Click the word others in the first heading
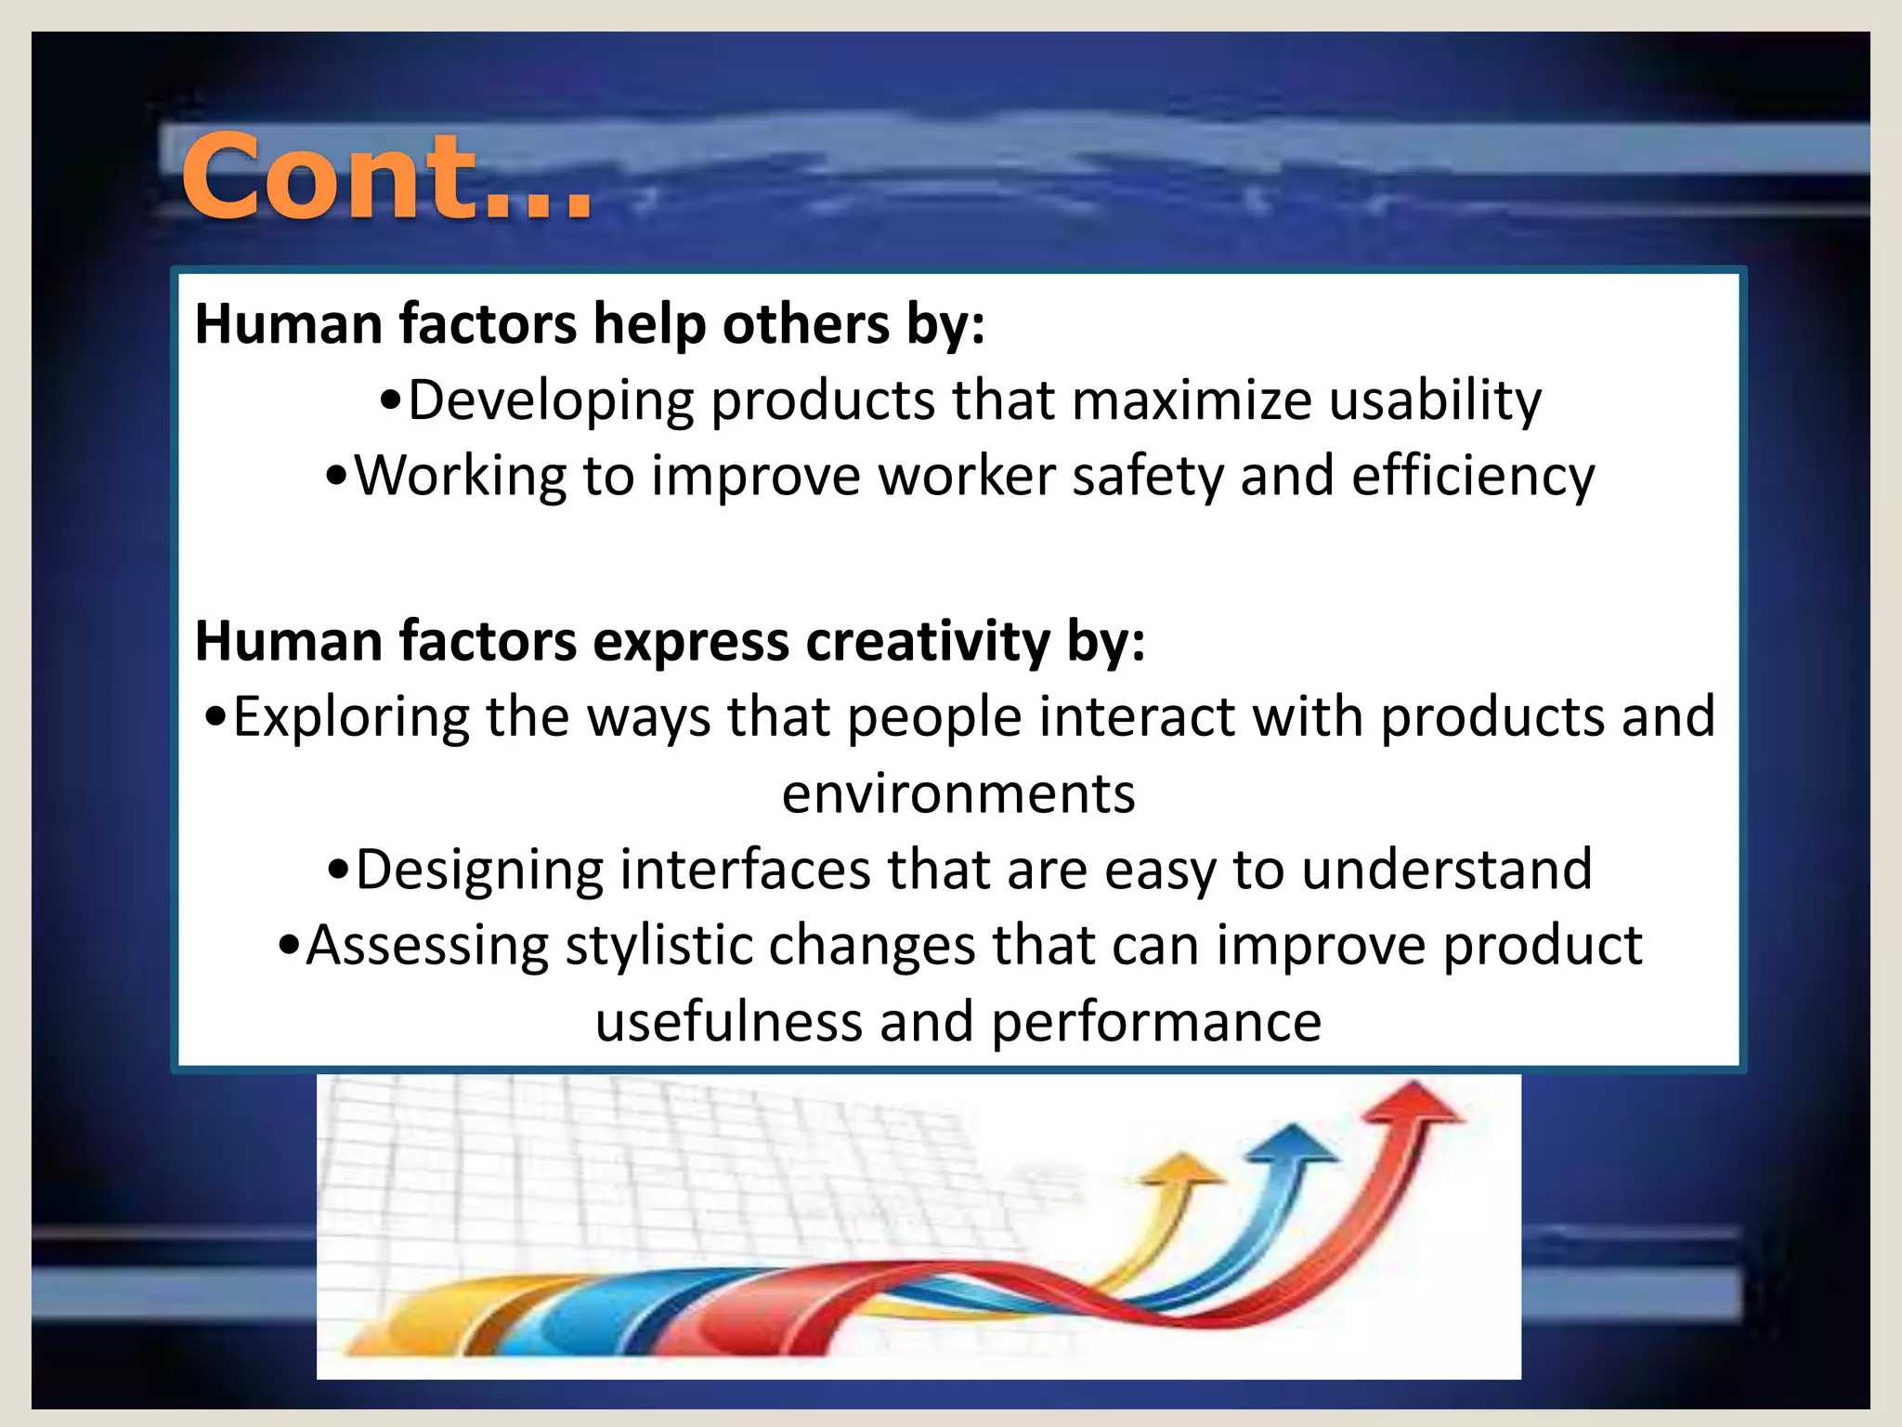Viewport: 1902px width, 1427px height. tap(805, 325)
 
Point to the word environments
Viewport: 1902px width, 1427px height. tap(958, 794)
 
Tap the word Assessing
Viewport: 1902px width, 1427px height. tap(427, 946)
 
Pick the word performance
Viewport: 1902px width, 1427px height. tap(1156, 1022)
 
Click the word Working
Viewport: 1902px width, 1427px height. tap(461, 478)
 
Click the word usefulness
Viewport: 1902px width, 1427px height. tap(729, 1022)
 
